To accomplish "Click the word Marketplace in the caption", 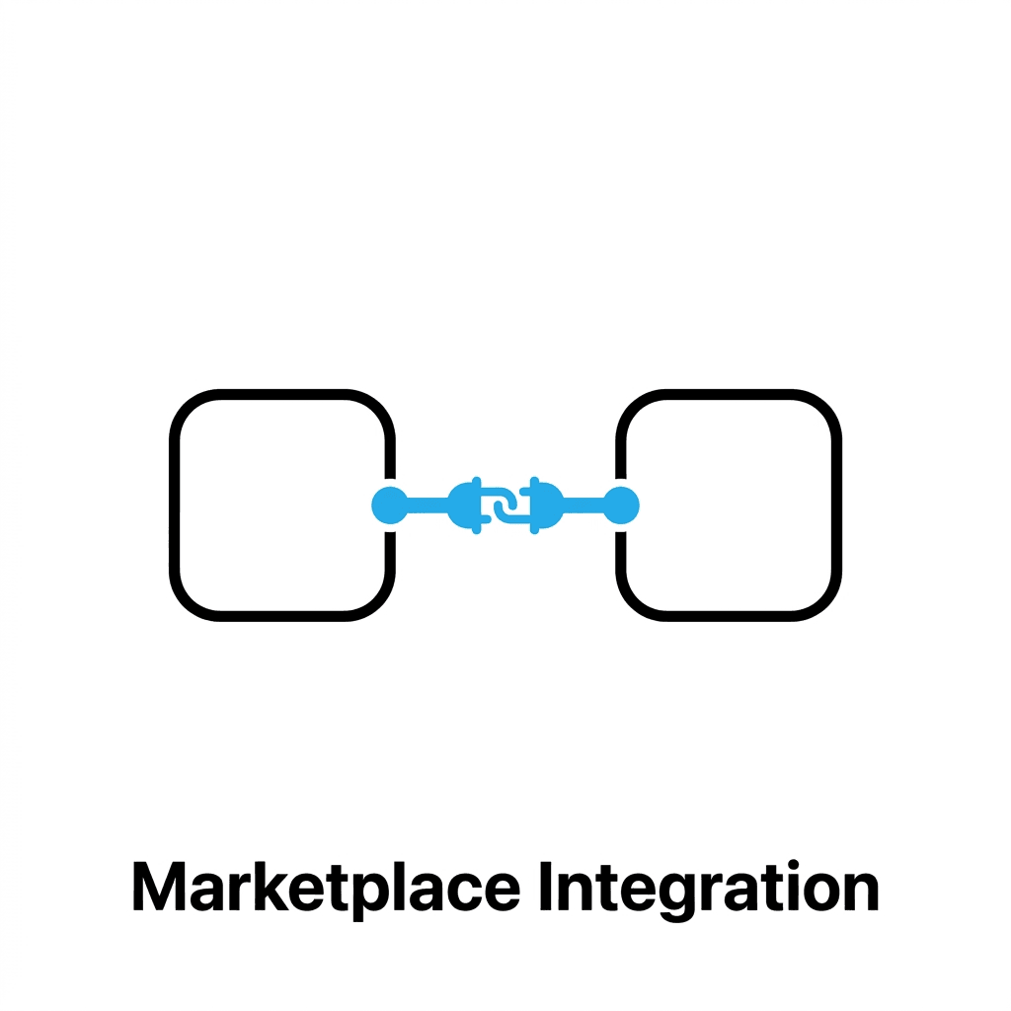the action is click(x=326, y=887).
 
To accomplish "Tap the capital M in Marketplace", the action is click(x=159, y=887).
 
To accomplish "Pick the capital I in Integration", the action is click(x=547, y=887).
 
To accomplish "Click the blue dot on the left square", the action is click(x=388, y=505).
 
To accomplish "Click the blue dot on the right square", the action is click(x=622, y=505).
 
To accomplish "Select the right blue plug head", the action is click(x=545, y=505).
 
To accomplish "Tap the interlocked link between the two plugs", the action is click(x=505, y=505).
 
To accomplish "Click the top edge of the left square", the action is click(x=282, y=394).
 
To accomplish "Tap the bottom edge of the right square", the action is click(x=729, y=616).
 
